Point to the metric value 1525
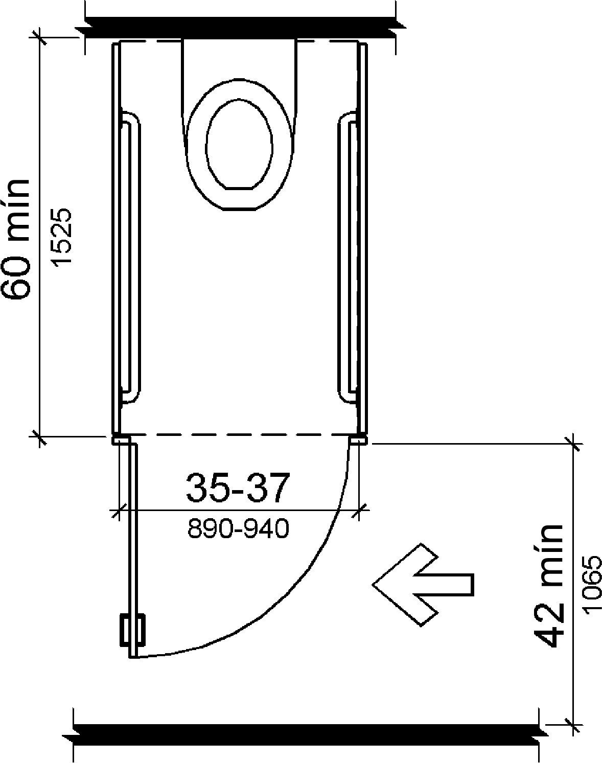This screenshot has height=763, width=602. [61, 236]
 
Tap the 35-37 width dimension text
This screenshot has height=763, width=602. [238, 488]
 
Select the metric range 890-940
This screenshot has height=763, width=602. [238, 528]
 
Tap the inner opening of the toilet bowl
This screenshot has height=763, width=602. [239, 144]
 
